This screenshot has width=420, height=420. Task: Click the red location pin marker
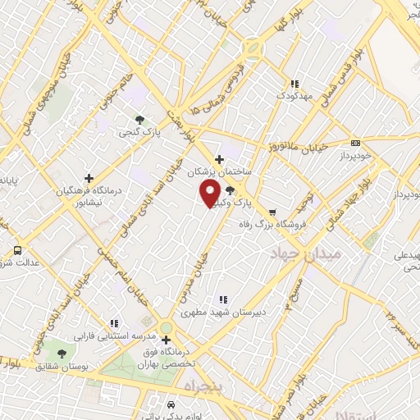tap(210, 194)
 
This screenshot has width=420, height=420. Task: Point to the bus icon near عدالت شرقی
tap(17, 250)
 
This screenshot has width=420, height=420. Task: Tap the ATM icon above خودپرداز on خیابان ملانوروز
tap(355, 141)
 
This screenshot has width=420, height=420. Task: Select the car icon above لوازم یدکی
tap(170, 405)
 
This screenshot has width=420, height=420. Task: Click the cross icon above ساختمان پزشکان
tap(218, 159)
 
